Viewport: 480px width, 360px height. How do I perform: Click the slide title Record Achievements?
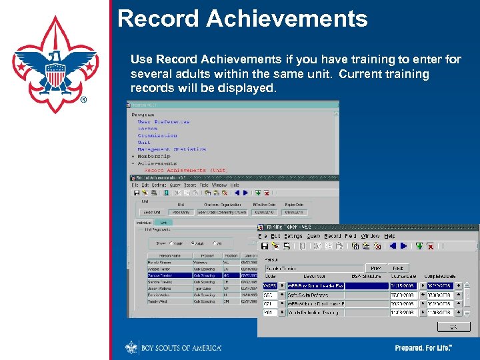coord(242,19)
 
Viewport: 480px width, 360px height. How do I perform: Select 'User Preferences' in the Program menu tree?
coord(163,122)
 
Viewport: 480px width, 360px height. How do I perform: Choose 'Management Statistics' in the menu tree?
coord(171,149)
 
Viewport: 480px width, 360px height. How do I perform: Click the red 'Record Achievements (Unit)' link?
coord(185,170)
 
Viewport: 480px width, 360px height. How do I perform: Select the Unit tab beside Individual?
coord(163,222)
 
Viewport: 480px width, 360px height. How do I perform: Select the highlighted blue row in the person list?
coord(200,275)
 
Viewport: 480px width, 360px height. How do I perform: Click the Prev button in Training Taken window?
coord(375,268)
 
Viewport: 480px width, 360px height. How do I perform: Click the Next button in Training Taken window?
coord(396,268)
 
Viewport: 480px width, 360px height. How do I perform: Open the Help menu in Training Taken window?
coord(389,236)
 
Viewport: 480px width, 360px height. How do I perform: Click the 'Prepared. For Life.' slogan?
coord(423,348)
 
